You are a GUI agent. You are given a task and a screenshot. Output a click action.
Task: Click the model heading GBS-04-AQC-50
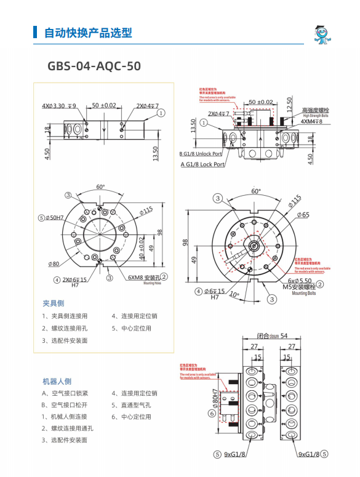(94, 65)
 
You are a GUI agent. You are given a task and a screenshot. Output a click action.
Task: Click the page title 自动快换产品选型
(88, 33)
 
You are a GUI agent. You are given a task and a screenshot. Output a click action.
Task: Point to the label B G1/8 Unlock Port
(202, 153)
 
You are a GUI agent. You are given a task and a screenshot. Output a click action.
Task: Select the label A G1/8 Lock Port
(202, 164)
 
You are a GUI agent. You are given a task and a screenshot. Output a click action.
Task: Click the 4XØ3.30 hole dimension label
(59, 106)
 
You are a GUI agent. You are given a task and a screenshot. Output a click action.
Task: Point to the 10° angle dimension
(233, 294)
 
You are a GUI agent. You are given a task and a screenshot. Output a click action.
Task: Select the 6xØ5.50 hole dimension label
(302, 280)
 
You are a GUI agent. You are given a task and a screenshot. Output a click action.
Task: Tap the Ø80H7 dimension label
(215, 400)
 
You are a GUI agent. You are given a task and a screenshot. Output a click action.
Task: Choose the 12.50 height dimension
(290, 103)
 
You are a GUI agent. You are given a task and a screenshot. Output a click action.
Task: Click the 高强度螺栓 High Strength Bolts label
(314, 111)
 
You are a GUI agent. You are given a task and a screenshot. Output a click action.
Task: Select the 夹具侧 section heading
(53, 303)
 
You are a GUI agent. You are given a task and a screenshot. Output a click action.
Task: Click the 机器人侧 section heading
(57, 381)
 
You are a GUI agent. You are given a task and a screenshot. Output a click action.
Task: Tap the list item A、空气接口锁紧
(65, 393)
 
